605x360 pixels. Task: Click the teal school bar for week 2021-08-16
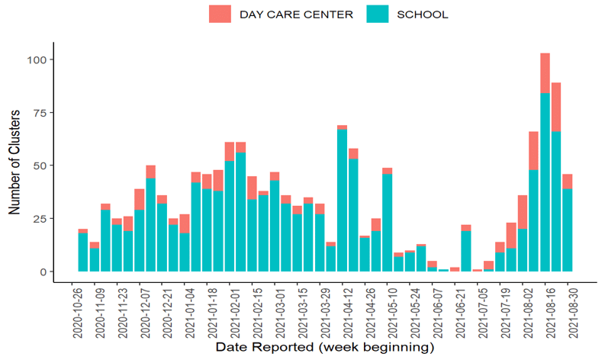point(545,183)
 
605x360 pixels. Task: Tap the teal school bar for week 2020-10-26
point(83,252)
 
